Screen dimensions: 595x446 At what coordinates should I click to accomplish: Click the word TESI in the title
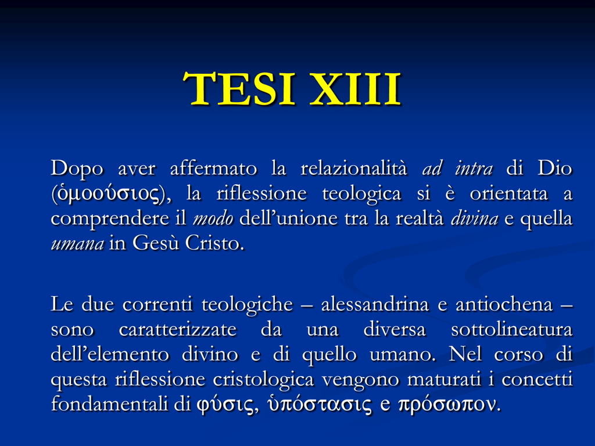click(x=239, y=89)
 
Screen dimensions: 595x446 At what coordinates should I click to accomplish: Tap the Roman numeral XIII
click(x=355, y=89)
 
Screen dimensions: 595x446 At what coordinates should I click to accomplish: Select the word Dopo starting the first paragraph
click(x=77, y=169)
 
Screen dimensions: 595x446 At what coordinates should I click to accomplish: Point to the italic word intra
click(x=474, y=169)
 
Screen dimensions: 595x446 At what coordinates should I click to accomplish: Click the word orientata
click(x=509, y=194)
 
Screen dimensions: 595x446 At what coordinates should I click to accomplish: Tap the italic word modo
click(x=213, y=219)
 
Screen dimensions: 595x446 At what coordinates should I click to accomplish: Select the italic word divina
click(x=474, y=219)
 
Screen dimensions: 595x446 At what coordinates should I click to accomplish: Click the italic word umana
click(x=77, y=244)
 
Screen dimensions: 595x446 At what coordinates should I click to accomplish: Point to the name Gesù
click(x=156, y=243)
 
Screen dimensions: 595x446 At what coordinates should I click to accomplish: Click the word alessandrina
click(x=375, y=304)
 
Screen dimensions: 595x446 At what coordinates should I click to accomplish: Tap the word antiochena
click(x=504, y=304)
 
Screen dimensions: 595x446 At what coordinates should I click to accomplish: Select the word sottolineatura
click(x=511, y=330)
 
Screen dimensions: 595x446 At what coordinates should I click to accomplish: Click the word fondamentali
click(x=109, y=404)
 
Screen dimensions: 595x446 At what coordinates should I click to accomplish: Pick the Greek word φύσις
click(x=225, y=405)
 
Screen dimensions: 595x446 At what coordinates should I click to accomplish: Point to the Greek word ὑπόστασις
click(x=320, y=404)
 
